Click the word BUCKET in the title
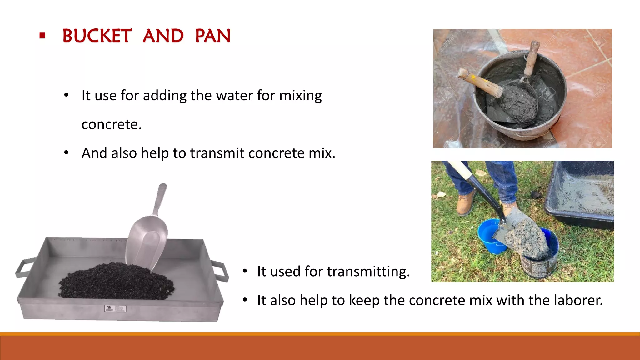click(97, 36)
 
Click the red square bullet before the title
click(42, 36)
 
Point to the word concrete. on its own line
click(112, 124)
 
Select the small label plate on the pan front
click(115, 309)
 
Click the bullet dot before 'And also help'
click(66, 153)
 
